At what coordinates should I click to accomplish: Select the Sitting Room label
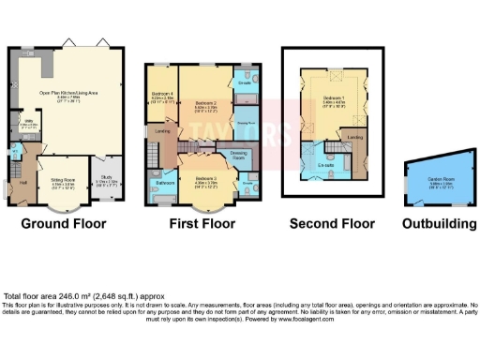point(64,184)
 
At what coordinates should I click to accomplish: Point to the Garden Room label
point(430,184)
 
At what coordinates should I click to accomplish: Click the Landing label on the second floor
point(355,138)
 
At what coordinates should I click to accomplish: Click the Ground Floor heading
point(64,224)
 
